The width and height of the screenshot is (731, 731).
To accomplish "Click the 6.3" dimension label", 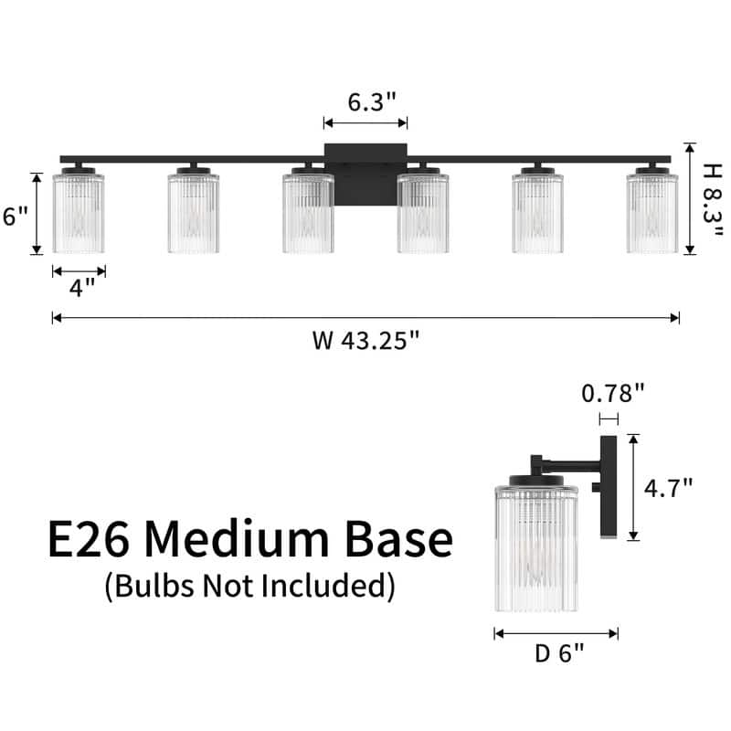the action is (372, 101).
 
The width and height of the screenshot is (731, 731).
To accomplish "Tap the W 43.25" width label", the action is (366, 340).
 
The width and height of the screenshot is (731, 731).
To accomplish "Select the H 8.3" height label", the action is (713, 199).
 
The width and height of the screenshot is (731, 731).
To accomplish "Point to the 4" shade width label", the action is (82, 288).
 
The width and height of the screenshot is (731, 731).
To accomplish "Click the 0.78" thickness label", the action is (612, 393).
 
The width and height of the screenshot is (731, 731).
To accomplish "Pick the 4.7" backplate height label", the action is (668, 488).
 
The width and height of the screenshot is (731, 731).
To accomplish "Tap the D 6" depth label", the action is (559, 653).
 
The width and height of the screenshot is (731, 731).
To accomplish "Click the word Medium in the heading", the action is (237, 538).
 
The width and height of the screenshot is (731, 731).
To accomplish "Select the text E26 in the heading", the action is (88, 538).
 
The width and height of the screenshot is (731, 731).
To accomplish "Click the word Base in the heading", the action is (398, 538).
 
